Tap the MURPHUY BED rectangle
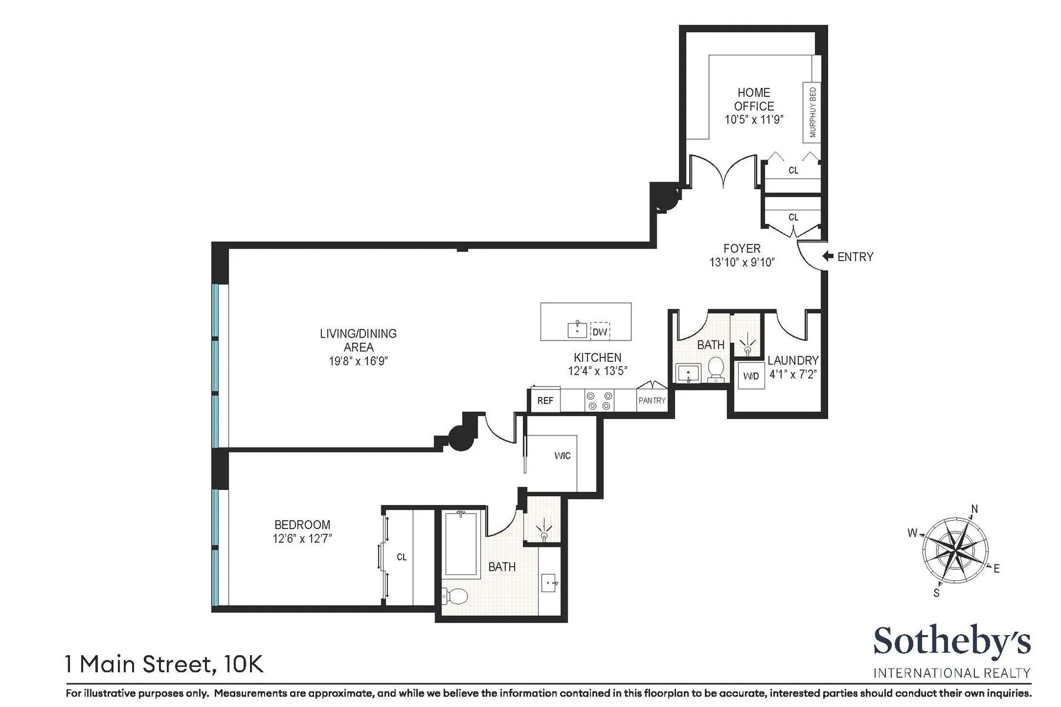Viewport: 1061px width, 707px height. coord(812,112)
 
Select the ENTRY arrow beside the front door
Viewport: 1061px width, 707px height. coord(828,256)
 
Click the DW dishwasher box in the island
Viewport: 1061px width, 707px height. coord(599,332)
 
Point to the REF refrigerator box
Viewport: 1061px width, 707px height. coord(545,401)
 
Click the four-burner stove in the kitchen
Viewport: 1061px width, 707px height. coord(599,401)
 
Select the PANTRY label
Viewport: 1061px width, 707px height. coord(652,401)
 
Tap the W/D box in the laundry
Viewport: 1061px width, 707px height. coord(751,376)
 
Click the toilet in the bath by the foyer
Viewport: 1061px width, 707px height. coord(716,368)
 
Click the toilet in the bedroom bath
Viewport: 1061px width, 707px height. coord(455,596)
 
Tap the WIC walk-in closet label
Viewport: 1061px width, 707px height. coord(562,455)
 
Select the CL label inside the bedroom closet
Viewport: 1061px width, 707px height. coord(401,557)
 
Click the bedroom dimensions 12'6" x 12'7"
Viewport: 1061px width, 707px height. coord(302,538)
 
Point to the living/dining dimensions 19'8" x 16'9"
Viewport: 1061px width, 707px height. coord(358,361)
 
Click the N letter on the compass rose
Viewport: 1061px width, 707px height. coord(974,509)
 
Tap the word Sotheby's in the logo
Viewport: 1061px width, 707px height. coord(951,642)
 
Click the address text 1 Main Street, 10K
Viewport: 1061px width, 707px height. coord(164,665)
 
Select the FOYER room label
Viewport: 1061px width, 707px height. coord(742,249)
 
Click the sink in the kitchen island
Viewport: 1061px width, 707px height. coord(576,329)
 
